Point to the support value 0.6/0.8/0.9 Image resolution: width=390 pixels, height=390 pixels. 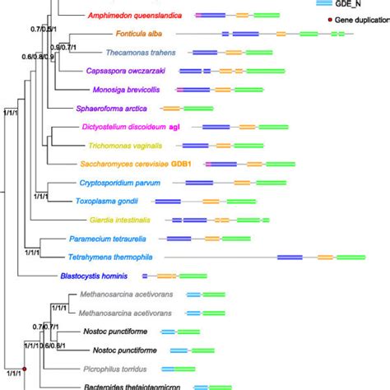click(x=38, y=58)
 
